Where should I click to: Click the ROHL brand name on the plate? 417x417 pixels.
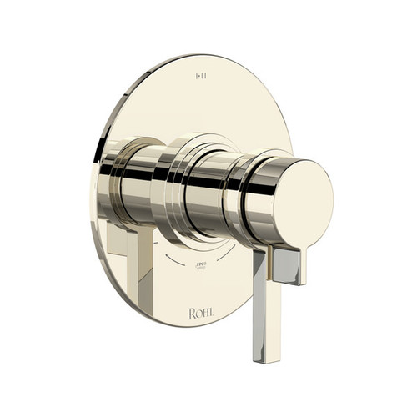[201, 314]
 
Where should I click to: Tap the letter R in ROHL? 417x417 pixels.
[192, 314]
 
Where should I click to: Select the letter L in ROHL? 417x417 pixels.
[210, 314]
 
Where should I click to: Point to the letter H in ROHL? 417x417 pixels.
[204, 314]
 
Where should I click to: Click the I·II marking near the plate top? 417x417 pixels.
[201, 77]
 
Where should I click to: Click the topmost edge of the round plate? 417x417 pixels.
[200, 56]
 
